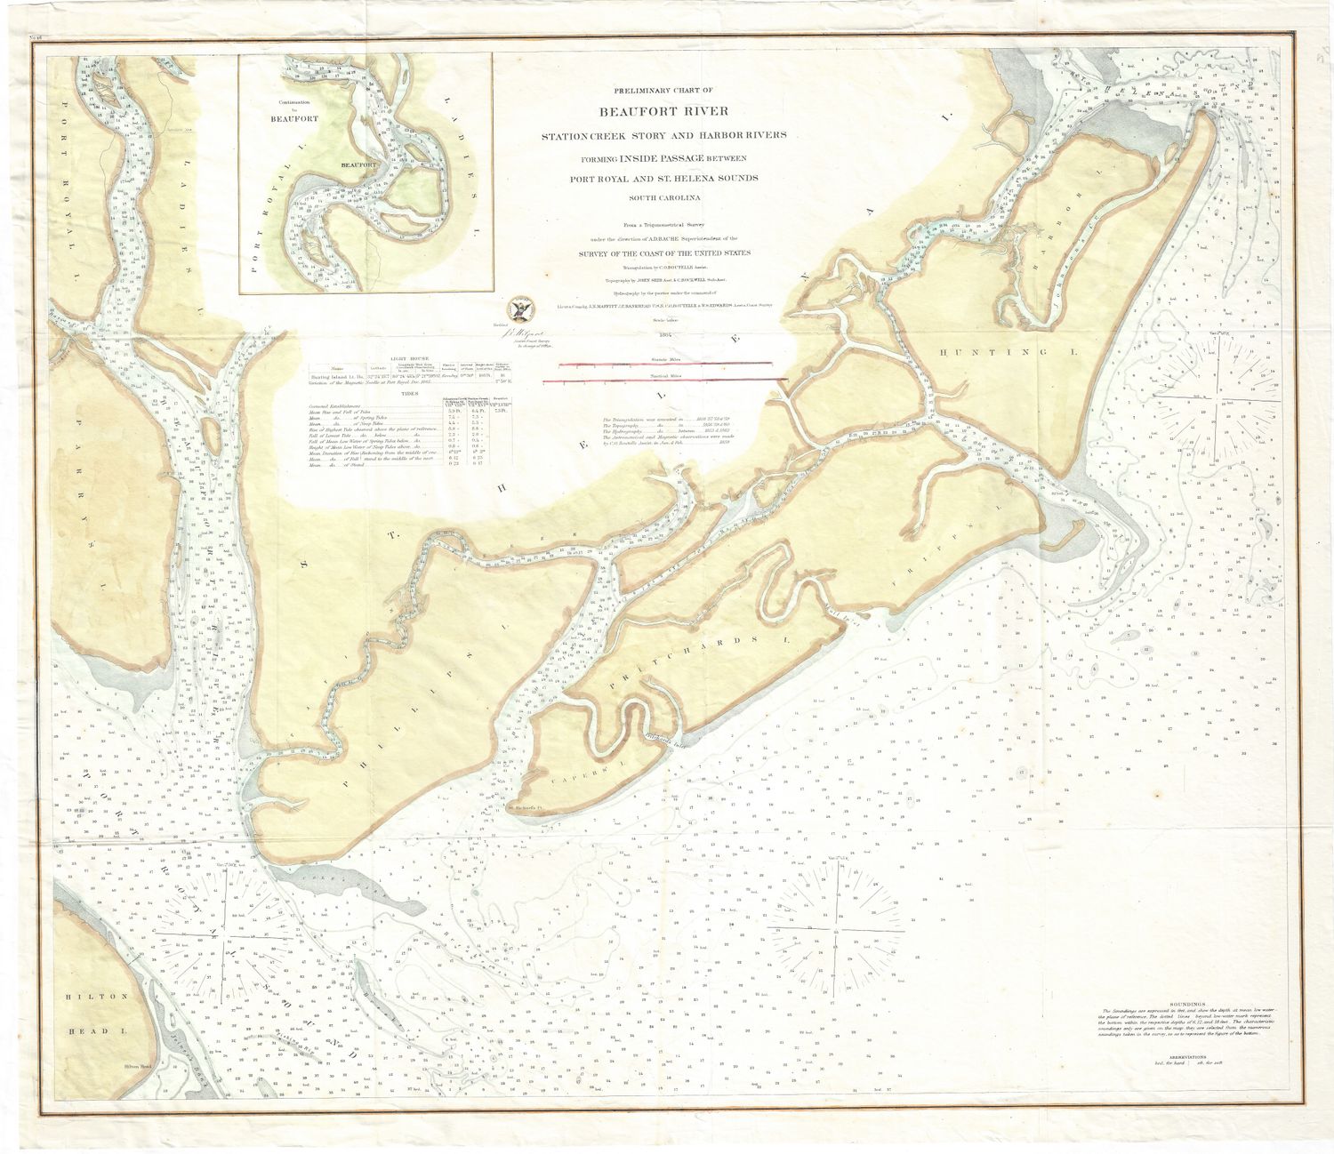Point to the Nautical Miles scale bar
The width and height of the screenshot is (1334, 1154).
pos(665,381)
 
